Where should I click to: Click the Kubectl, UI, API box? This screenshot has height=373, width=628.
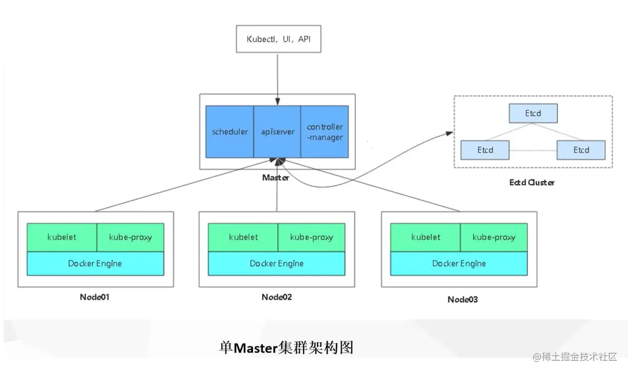click(x=278, y=39)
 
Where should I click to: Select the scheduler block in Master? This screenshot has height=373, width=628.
click(x=230, y=131)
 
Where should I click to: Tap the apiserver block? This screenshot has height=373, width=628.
click(x=277, y=131)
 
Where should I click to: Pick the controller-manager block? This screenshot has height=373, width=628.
click(x=324, y=131)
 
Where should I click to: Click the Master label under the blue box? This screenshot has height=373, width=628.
click(x=275, y=178)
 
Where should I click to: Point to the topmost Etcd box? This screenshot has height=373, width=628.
click(x=533, y=113)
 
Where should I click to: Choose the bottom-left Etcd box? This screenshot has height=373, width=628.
click(x=485, y=150)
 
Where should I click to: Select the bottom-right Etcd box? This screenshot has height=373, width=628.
click(x=581, y=150)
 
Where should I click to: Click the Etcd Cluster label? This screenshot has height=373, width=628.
click(x=532, y=183)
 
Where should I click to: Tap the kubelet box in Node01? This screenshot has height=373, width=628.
click(x=62, y=237)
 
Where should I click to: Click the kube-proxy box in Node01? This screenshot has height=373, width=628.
click(x=130, y=237)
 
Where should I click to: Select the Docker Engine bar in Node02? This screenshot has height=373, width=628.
click(x=276, y=263)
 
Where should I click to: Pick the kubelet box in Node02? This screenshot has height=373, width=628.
click(x=243, y=237)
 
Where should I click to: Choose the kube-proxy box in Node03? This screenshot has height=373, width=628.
click(x=494, y=237)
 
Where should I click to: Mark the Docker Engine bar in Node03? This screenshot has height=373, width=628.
click(x=459, y=263)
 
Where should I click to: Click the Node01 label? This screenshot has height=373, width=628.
click(x=94, y=297)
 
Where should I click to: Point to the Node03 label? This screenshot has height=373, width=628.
click(x=462, y=299)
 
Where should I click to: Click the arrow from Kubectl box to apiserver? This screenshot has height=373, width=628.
click(x=278, y=74)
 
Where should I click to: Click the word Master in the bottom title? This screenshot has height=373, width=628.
click(x=255, y=349)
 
